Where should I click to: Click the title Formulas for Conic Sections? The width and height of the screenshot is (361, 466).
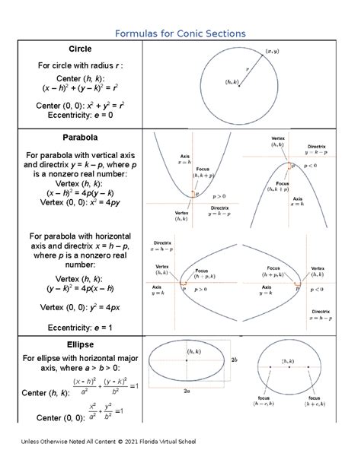click(180, 33)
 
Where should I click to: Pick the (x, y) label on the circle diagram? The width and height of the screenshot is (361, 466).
click(272, 51)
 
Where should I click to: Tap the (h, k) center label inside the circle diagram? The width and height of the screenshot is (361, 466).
click(232, 81)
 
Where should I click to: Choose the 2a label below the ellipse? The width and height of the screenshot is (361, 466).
click(186, 392)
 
